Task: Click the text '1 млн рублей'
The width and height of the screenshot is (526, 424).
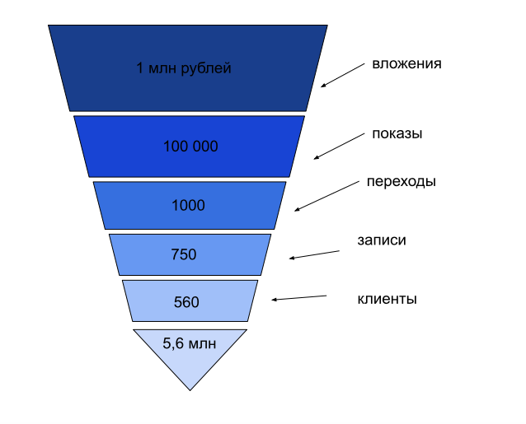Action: (184, 68)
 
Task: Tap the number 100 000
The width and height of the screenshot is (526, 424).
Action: (190, 147)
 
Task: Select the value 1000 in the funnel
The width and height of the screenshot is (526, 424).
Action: (188, 205)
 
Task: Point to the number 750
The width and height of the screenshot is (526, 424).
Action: (183, 254)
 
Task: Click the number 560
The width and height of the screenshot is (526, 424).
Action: (186, 301)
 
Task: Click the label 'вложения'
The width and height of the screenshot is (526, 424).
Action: (406, 63)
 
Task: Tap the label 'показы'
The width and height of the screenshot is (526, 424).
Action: (397, 134)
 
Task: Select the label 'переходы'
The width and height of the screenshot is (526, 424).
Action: (402, 182)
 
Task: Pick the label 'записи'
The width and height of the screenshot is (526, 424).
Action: (382, 240)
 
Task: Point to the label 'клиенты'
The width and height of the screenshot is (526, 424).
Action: (387, 299)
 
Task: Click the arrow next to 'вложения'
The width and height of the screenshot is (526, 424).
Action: (342, 75)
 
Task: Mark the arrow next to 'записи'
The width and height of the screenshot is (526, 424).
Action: (314, 254)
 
